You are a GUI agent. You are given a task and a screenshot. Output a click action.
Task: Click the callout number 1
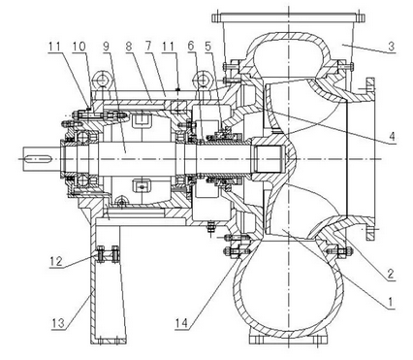[390, 303]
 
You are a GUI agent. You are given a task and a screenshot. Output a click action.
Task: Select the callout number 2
[390, 275]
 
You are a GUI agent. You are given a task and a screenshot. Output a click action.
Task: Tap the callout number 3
[392, 47]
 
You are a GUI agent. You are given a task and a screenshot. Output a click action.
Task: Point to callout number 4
[392, 137]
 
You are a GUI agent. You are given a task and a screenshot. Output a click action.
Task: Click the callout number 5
[207, 47]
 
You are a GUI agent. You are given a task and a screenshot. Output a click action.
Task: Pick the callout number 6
[191, 47]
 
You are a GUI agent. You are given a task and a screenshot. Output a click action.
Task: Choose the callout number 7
[148, 47]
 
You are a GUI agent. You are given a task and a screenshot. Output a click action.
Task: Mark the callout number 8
[129, 47]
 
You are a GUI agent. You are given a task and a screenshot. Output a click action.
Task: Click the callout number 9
[107, 47]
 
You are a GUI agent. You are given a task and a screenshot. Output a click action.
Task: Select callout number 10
[79, 47]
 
